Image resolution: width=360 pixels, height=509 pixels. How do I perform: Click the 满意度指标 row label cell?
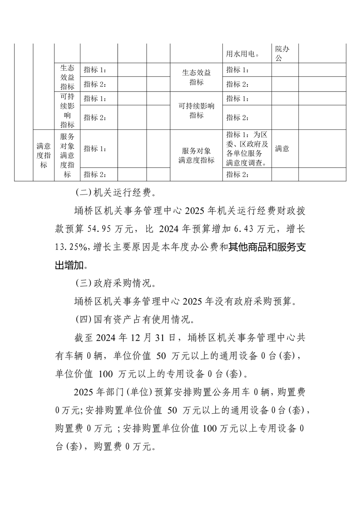point(43,155)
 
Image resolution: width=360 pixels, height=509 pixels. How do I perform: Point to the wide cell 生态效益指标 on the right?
point(196,78)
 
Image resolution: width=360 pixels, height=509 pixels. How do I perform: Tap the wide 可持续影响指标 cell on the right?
point(196,110)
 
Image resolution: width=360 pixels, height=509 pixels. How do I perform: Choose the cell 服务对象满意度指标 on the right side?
point(196,155)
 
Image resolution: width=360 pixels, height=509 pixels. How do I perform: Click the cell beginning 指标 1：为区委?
point(247,148)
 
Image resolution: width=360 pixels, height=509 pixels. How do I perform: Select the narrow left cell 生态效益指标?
point(67,78)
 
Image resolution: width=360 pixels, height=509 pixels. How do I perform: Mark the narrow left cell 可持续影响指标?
point(67,111)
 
